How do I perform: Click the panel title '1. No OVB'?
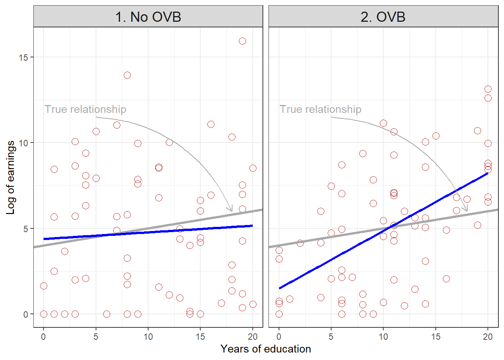(148, 17)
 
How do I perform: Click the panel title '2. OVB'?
(383, 17)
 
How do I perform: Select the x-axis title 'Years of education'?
(265, 349)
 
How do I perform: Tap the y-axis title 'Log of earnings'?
(10, 177)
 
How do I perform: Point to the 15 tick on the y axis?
(23, 57)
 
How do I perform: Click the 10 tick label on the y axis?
(23, 143)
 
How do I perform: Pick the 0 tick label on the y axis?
(25, 314)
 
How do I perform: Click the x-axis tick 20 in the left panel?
(252, 336)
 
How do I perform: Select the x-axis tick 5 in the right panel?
(331, 336)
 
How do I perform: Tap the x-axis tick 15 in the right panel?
(435, 336)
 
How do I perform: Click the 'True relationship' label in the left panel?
(85, 109)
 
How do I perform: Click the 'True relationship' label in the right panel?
(321, 109)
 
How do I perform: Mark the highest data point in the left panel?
(242, 41)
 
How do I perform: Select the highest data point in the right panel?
(488, 89)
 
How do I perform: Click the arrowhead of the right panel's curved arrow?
(466, 210)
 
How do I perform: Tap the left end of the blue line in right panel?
(280, 288)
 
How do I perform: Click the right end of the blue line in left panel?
(252, 226)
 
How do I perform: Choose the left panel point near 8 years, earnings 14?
(127, 75)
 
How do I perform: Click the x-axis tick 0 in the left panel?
(43, 336)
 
